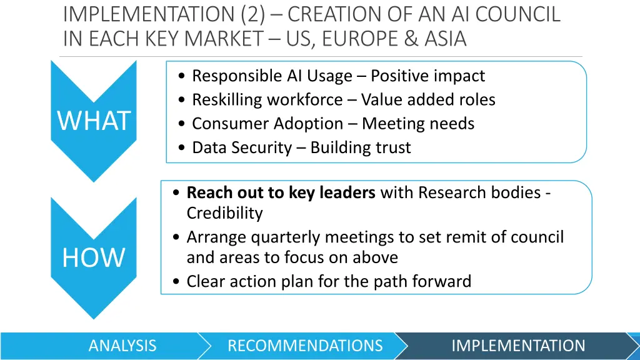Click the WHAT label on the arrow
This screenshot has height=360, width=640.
94,121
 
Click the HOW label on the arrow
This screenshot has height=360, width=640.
94,257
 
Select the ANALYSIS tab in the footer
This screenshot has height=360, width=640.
122,346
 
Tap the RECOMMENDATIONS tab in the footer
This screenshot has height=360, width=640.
305,346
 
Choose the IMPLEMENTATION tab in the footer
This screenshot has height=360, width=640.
518,346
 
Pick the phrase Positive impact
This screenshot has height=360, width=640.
427,76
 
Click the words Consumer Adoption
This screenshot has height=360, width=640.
267,124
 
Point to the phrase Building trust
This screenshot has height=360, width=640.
361,147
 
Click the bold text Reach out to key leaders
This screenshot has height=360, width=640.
281,192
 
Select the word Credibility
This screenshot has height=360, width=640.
224,213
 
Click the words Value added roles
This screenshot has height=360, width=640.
428,100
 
